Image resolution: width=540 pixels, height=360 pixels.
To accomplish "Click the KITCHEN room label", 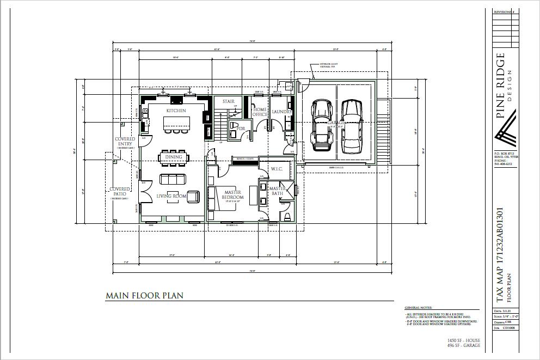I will [x=176, y=111].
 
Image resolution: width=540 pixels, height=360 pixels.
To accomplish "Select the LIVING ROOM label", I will [x=171, y=196].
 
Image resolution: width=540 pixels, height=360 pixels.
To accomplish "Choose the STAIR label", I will [x=229, y=101].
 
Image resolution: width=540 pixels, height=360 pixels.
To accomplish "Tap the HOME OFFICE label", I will [x=260, y=112].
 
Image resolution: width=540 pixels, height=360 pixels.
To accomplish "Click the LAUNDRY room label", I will [x=282, y=112].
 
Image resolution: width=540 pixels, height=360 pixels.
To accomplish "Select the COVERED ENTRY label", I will [x=125, y=142].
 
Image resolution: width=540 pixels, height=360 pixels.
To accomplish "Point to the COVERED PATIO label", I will [x=121, y=192].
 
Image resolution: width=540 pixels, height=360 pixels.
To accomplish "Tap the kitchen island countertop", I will [x=175, y=124].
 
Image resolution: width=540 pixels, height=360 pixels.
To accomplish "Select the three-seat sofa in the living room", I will [x=173, y=179].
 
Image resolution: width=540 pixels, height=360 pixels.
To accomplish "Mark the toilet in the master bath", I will [x=287, y=217].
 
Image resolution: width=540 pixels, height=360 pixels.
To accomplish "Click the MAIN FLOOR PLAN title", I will [x=144, y=296].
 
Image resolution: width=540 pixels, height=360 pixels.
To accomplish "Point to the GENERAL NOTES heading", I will [x=418, y=308].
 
